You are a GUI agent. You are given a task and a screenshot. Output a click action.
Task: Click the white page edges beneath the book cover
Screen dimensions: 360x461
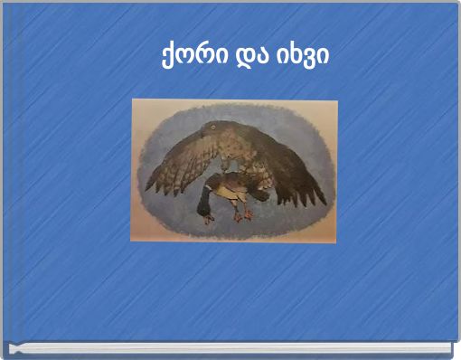[230, 348]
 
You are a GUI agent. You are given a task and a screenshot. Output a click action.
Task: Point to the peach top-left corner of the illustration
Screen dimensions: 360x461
[137, 106]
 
